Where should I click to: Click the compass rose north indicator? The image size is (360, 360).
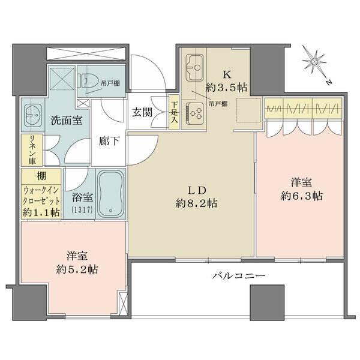(312, 61)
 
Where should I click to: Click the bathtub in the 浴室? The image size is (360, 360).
(110, 192)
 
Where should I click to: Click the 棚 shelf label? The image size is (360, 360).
(41, 176)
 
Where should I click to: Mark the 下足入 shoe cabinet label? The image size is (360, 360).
(174, 111)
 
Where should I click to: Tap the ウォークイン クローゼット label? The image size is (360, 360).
(41, 193)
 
